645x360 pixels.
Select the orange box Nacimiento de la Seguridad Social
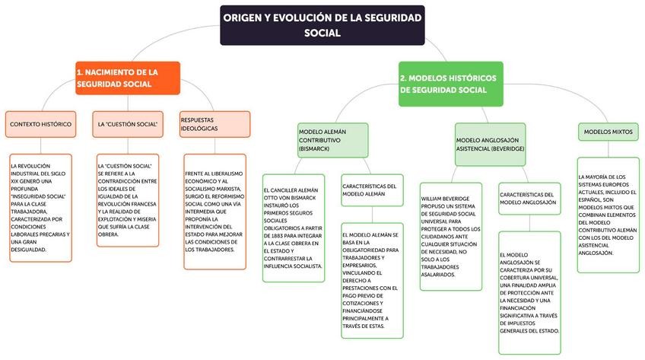coord(127,78)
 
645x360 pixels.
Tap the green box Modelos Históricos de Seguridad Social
coord(451,84)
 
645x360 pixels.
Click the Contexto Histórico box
coord(40,123)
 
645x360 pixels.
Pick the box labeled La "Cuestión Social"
coord(128,123)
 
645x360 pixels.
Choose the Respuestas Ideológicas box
coord(215,123)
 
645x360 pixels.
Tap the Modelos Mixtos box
coord(608,132)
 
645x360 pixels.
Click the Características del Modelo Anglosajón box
coord(531,199)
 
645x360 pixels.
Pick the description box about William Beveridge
coord(451,236)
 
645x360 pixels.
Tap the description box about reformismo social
coord(215,211)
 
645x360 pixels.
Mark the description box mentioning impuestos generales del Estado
coord(531,292)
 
